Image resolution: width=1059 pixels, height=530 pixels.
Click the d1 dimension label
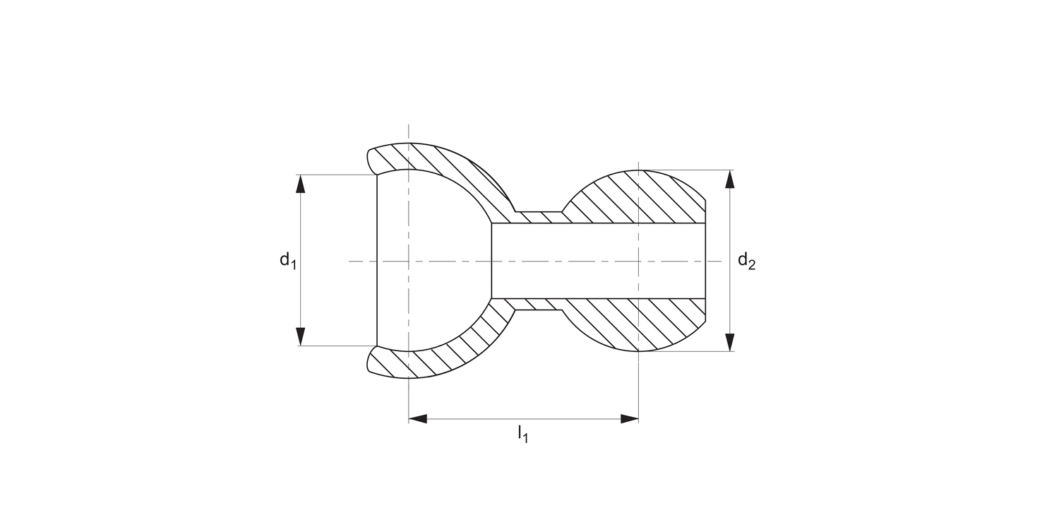[x=287, y=261]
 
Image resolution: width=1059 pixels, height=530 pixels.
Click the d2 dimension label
[x=746, y=261]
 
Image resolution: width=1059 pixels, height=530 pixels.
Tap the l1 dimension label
[x=522, y=434]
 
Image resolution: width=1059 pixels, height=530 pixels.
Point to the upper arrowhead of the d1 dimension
[x=301, y=183]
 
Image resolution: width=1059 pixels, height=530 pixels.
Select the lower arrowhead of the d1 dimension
[x=301, y=337]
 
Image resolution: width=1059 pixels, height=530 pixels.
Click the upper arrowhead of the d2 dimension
[x=730, y=179]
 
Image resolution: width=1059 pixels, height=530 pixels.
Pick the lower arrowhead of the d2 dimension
[x=730, y=342]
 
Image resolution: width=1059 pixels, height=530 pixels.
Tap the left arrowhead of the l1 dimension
[x=418, y=419]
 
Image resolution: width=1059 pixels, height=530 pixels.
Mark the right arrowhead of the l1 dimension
[x=629, y=419]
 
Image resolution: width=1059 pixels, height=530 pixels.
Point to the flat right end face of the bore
[x=705, y=261]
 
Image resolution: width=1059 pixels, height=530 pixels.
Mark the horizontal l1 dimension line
[x=522, y=419]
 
